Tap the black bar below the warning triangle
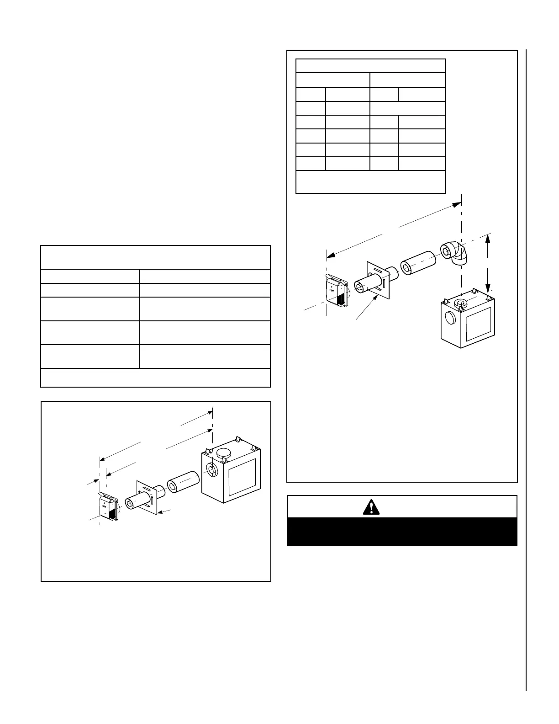pyautogui.click(x=401, y=532)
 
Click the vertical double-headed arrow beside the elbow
pyautogui.click(x=488, y=263)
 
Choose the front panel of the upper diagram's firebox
pyautogui.click(x=478, y=324)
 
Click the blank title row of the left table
pyautogui.click(x=155, y=257)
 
